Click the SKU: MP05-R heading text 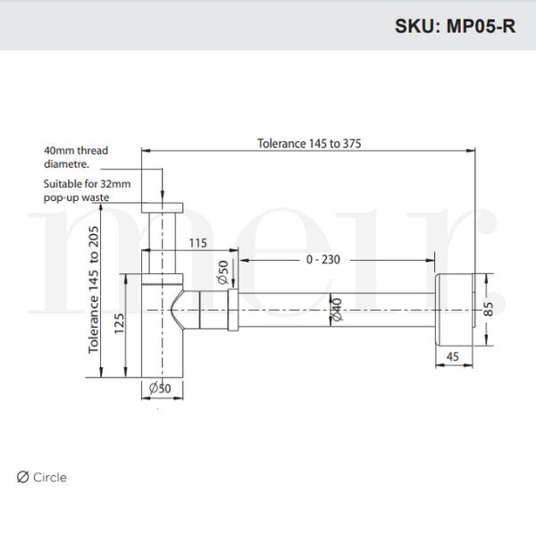pos(454,25)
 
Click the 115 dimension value pos(198,242)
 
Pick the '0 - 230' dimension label pos(322,260)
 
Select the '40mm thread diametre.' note pos(76,157)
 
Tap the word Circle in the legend pos(50,477)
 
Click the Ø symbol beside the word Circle pos(23,477)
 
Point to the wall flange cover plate pos(456,308)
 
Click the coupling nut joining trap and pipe pos(231,309)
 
